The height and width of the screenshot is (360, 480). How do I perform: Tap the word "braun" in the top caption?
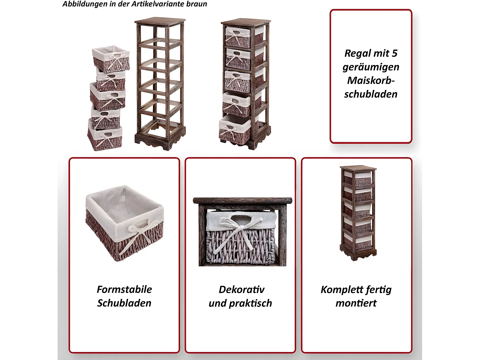click(196, 4)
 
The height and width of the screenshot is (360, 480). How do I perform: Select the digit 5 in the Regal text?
click(394, 53)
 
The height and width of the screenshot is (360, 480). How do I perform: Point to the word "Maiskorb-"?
click(371, 80)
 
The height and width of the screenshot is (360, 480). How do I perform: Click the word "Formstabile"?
click(124, 289)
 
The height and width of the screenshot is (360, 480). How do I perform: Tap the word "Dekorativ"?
click(241, 289)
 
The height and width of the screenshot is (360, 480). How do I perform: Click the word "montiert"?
click(356, 303)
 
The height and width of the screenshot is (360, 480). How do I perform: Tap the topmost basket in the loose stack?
click(111, 59)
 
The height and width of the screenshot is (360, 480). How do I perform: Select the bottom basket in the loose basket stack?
click(105, 138)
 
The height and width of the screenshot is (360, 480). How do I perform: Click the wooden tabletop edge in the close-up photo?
click(242, 201)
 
